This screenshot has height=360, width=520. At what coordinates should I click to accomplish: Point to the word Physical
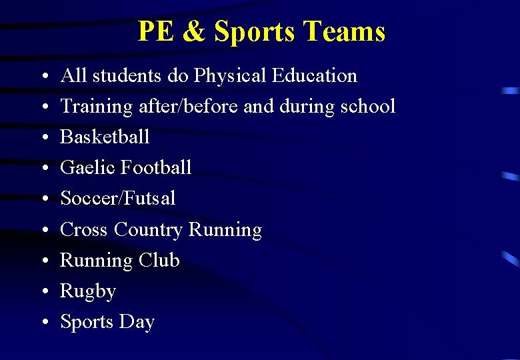[x=231, y=76]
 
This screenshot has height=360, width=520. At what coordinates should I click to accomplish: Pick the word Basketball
[x=105, y=137]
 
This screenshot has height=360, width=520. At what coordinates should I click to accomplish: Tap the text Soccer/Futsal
[x=118, y=198]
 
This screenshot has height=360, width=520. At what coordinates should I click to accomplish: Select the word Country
[x=148, y=230]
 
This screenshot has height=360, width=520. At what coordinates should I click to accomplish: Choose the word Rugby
[x=88, y=292]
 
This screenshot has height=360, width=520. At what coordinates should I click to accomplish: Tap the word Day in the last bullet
[x=137, y=323]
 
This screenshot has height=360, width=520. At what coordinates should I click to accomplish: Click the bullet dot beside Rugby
[x=43, y=292]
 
